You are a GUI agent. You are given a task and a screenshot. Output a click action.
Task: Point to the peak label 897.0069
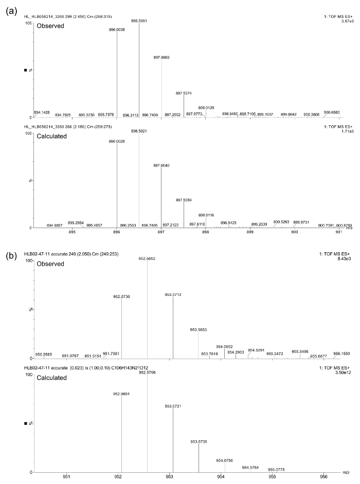click(161, 57)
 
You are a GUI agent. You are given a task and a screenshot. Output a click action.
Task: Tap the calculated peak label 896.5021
click(139, 131)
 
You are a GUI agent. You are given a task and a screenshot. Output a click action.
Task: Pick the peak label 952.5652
click(147, 259)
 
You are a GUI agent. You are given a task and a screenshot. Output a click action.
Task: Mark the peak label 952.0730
click(122, 296)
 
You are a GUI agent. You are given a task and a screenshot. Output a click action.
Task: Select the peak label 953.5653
click(199, 330)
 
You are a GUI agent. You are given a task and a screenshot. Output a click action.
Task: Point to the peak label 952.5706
click(147, 373)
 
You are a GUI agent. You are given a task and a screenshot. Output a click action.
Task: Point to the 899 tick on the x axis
click(250, 232)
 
